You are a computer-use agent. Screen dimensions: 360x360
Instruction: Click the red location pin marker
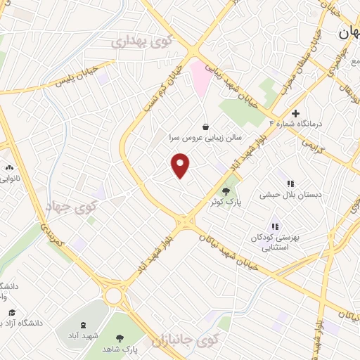(x=181, y=166)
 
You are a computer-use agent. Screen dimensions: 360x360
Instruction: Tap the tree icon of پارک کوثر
(x=226, y=191)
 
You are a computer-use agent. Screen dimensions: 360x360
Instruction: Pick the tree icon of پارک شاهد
(x=118, y=337)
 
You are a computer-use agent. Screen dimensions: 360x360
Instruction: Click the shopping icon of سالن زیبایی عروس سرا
(x=205, y=127)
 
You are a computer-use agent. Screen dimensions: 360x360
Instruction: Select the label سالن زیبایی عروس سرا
(x=203, y=139)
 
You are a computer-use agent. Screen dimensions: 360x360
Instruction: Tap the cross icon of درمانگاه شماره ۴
(x=296, y=112)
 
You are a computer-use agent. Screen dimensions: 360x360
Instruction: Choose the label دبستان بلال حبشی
(x=285, y=193)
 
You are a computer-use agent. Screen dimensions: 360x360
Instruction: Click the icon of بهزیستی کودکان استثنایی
(x=275, y=226)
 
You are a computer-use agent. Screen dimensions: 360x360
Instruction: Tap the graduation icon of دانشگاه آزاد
(x=12, y=312)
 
